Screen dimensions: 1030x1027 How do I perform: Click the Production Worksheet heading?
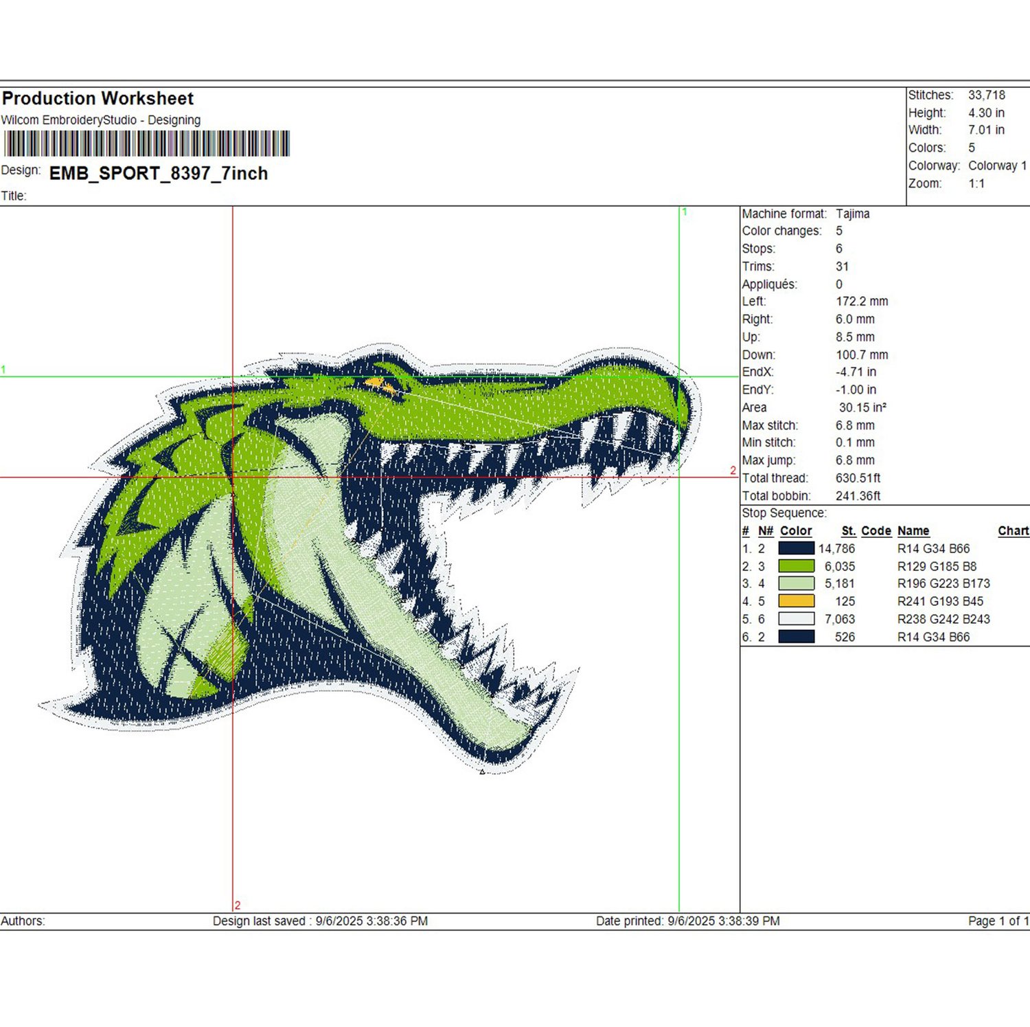tap(98, 98)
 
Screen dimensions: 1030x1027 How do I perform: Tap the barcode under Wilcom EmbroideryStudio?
tap(147, 144)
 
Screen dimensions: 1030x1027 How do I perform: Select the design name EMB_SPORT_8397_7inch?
tap(159, 173)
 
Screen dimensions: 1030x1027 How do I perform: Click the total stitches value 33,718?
tap(987, 95)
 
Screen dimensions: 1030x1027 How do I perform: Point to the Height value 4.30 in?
tap(986, 113)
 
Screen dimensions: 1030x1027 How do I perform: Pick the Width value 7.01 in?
tap(986, 130)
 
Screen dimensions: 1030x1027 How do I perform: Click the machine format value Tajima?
tap(853, 214)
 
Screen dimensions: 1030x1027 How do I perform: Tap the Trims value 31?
tap(843, 267)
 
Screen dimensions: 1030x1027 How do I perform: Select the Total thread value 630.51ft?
tap(858, 478)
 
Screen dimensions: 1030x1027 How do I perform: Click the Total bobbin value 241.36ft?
tap(858, 496)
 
